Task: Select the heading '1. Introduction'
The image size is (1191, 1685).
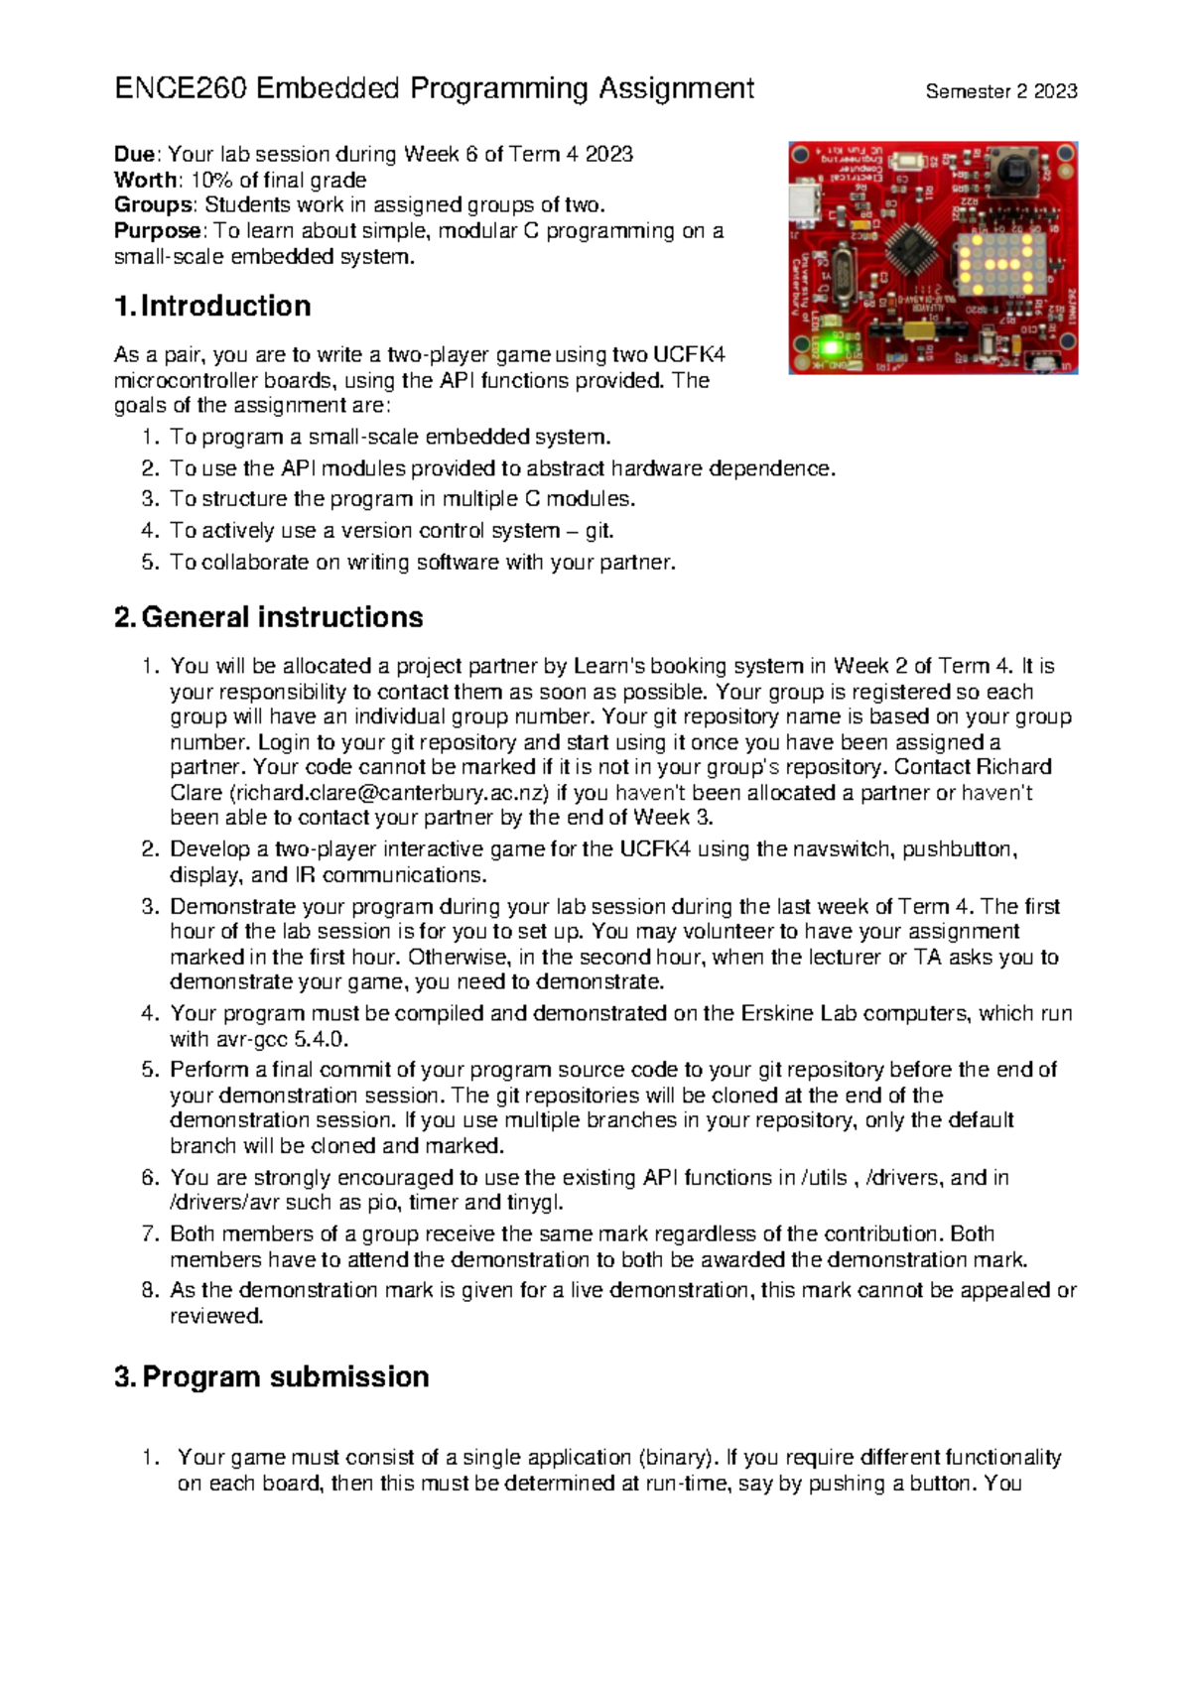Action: (212, 306)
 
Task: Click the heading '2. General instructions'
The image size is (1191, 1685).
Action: (269, 617)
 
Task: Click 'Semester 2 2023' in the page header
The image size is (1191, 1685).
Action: (1000, 91)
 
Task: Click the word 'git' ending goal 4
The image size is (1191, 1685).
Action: (598, 531)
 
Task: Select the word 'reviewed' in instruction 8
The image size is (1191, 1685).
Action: (215, 1316)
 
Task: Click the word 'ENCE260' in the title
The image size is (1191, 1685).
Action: (182, 89)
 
